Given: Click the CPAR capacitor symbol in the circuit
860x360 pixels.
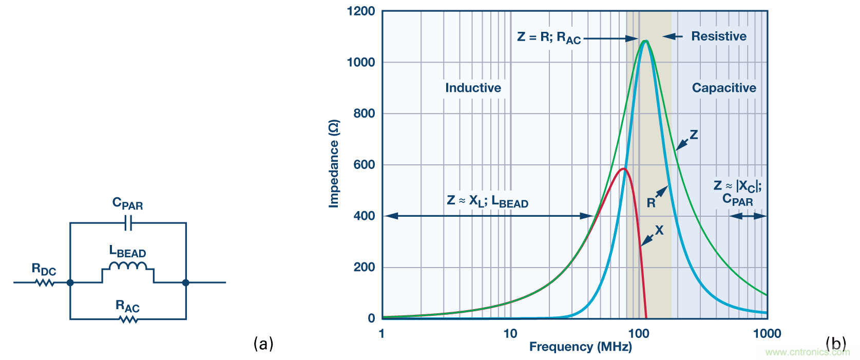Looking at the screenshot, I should [128, 223].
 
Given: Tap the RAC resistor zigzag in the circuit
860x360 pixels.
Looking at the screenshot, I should [128, 319].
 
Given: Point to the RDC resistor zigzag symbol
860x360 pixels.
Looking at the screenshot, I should [45, 282].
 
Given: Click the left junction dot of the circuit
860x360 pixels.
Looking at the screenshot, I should [70, 282].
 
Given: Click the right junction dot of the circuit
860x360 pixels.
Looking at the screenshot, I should [186, 282].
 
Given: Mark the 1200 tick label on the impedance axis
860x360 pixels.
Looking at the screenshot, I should [361, 11].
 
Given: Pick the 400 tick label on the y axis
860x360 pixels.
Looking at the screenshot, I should [364, 216].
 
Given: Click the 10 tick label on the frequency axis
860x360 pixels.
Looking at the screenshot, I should [510, 334].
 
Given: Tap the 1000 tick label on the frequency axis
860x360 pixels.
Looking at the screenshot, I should [767, 334].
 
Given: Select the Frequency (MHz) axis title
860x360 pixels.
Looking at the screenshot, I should [580, 347].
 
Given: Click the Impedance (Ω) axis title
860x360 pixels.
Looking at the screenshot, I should [334, 164].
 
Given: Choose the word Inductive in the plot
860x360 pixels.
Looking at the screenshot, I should [473, 88].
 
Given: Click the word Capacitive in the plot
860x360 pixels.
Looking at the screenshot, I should [724, 88].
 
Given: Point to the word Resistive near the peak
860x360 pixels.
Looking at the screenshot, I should [719, 36].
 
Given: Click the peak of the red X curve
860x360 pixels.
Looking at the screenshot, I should [623, 168].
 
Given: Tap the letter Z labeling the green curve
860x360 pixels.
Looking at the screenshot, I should [694, 135].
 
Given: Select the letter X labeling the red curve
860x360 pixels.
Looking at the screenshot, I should [659, 231].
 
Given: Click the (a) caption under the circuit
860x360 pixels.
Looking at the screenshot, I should [263, 343].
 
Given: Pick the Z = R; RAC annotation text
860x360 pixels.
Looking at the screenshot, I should [549, 37].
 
